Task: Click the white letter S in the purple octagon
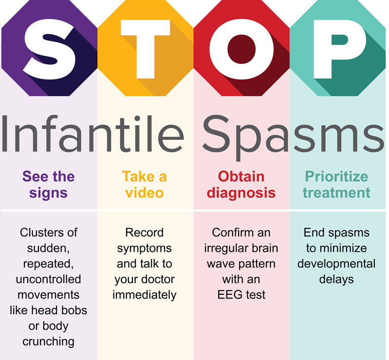(49, 49)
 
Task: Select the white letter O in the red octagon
(242, 49)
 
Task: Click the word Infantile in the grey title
(93, 133)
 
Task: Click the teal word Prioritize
(336, 176)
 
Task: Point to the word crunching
(49, 341)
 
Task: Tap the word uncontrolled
(49, 279)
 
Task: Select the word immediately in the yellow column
(145, 295)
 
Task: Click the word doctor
(157, 279)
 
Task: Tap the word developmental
(336, 264)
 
